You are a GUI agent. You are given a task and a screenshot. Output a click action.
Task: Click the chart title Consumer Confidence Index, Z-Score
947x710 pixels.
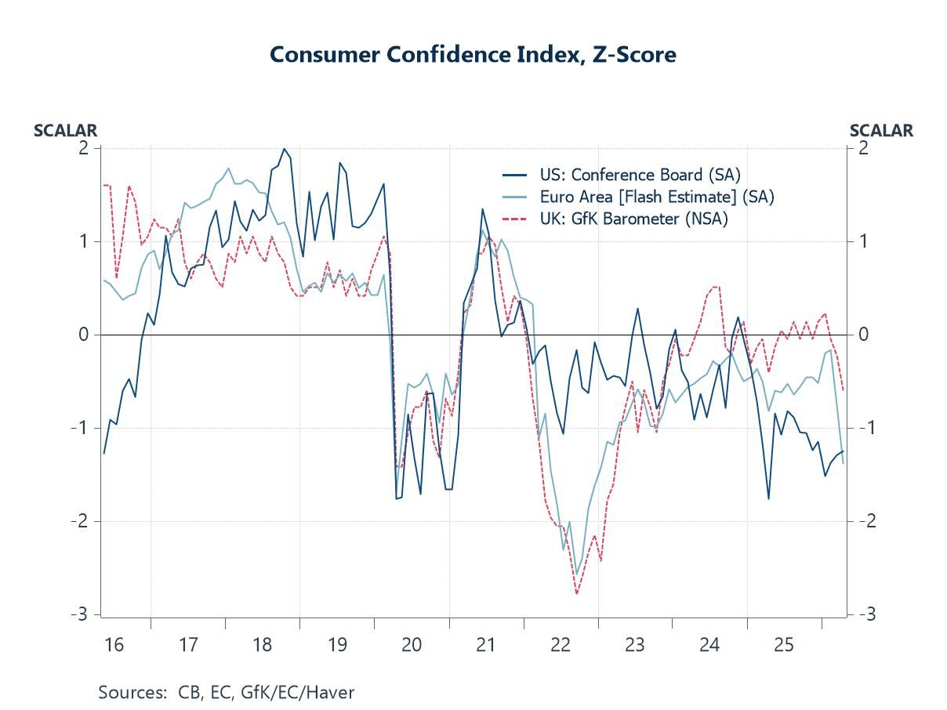click(x=473, y=54)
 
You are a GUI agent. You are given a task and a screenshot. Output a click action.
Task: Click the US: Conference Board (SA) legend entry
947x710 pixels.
click(x=639, y=175)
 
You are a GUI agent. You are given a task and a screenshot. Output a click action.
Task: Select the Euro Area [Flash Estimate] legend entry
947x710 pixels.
click(x=656, y=197)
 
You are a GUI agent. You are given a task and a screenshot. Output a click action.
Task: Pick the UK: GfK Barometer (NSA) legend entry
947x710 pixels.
click(x=633, y=219)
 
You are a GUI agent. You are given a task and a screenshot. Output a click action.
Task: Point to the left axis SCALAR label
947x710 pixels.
click(x=65, y=131)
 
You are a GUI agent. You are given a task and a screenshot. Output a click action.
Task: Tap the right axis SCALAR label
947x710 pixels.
click(x=881, y=131)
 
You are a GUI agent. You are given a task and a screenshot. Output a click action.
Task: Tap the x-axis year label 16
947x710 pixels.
click(x=114, y=645)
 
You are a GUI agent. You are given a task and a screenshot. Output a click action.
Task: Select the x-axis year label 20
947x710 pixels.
click(x=412, y=645)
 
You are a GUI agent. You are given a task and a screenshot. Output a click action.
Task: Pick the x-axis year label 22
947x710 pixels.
click(x=561, y=645)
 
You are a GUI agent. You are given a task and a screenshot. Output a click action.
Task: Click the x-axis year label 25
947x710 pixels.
click(x=784, y=645)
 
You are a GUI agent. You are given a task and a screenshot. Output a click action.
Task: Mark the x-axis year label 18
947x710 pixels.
click(x=263, y=645)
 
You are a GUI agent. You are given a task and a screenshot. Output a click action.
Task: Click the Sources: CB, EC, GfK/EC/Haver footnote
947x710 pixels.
click(x=226, y=692)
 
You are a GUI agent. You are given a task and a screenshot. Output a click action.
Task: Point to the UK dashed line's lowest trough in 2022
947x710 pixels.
click(x=577, y=594)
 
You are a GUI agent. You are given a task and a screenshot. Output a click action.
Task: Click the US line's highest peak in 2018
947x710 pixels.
click(x=284, y=149)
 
